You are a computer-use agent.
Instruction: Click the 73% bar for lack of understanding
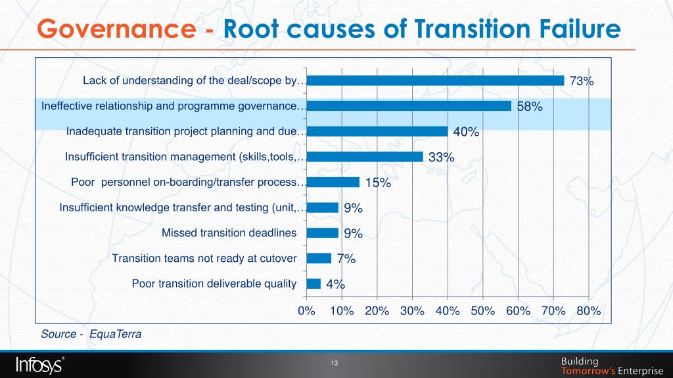(x=435, y=81)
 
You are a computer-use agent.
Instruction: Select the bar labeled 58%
(x=408, y=106)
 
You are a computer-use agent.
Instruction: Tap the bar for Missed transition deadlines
(x=322, y=233)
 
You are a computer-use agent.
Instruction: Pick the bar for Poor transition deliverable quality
(x=313, y=283)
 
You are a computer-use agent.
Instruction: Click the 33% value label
(x=442, y=157)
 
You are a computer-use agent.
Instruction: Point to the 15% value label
(x=378, y=183)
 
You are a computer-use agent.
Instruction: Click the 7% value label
(x=346, y=259)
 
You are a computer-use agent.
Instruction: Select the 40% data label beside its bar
(x=466, y=132)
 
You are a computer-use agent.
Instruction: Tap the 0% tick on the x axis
(x=306, y=311)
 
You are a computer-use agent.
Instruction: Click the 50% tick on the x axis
(x=482, y=311)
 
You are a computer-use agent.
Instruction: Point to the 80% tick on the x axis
(x=588, y=311)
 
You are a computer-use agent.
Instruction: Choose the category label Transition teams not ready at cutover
(x=204, y=258)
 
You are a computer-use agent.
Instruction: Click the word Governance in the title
(x=116, y=30)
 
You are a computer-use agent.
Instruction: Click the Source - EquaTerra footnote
(x=91, y=334)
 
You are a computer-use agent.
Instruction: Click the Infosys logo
(x=39, y=364)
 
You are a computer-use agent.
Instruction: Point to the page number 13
(x=334, y=364)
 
